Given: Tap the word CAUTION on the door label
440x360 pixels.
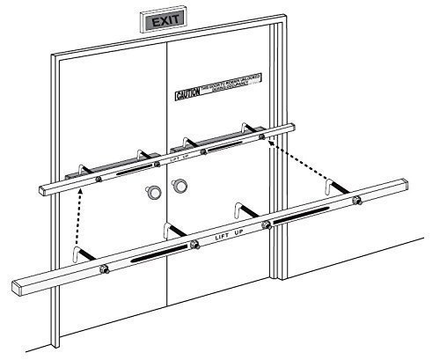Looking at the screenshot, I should click(x=187, y=92).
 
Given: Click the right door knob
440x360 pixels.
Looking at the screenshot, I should click(x=180, y=185).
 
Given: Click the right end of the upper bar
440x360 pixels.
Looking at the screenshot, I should click(x=290, y=129).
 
